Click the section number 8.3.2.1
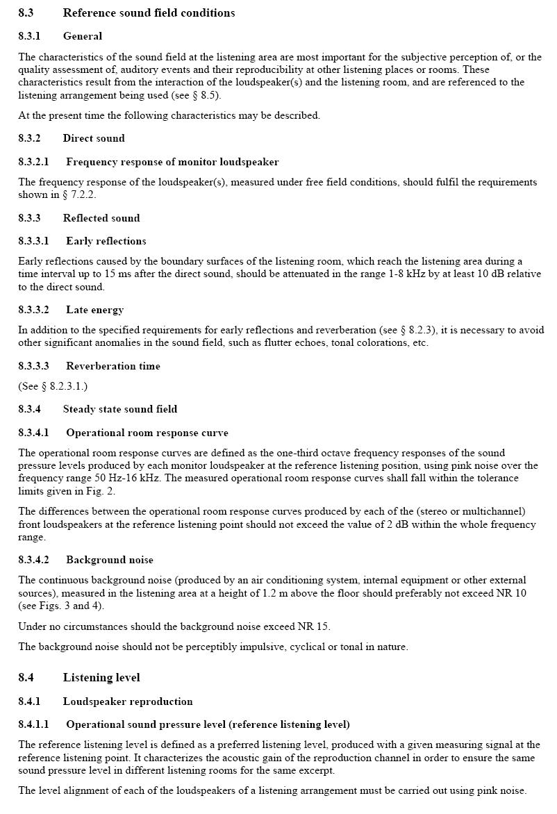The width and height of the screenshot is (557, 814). click(x=33, y=162)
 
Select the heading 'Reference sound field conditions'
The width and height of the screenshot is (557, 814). click(x=149, y=13)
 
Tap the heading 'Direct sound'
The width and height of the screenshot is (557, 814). click(x=94, y=138)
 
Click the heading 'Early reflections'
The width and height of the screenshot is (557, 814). click(x=106, y=241)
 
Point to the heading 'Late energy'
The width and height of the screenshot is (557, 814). click(x=94, y=310)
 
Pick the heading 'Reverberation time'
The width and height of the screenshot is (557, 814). click(x=113, y=366)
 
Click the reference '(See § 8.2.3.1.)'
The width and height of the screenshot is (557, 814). click(x=53, y=386)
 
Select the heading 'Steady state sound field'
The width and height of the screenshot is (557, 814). click(x=119, y=409)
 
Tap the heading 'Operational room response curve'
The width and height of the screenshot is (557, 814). click(x=147, y=433)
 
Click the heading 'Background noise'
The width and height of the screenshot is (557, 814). click(x=110, y=560)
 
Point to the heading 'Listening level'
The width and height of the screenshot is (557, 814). click(x=101, y=677)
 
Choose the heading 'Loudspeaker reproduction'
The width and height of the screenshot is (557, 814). click(x=128, y=701)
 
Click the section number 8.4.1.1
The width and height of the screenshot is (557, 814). click(x=33, y=724)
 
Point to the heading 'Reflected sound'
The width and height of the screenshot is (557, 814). click(x=101, y=218)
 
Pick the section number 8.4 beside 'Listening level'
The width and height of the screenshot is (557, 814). click(x=26, y=677)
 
